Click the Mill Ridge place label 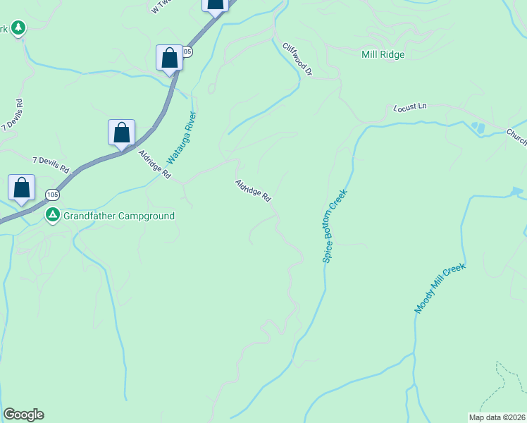coord(383,54)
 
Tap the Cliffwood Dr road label coord(297,59)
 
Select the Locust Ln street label coord(411,107)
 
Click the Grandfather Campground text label coord(118,216)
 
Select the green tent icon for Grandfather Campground coord(52,215)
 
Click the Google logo coord(23,415)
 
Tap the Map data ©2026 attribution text coord(497,417)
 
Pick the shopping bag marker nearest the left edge coord(22,188)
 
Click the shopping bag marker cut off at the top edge coord(216,4)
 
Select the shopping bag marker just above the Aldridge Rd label coord(122,133)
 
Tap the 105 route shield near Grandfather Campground coord(52,194)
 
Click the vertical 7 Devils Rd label coord(14,114)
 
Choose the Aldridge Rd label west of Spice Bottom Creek coord(253,190)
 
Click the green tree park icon coord(18,28)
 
